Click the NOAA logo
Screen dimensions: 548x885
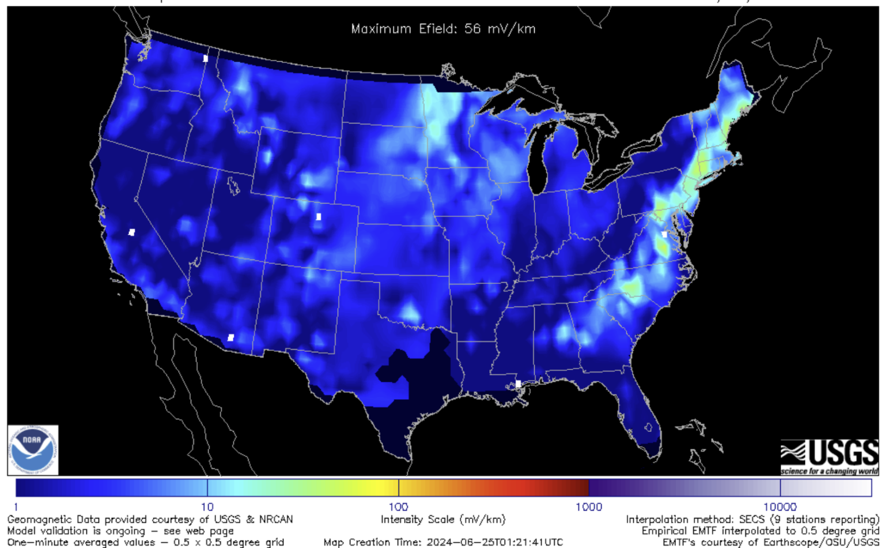coord(33,450)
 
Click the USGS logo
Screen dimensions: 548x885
coord(829,456)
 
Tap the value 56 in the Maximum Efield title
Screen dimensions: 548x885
coord(472,29)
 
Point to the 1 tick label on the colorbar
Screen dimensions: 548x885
coord(16,507)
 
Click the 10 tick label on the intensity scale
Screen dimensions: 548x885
coord(207,507)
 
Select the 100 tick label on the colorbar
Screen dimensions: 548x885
coord(398,507)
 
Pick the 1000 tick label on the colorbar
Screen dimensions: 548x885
coord(589,507)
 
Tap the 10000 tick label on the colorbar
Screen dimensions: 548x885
coord(780,507)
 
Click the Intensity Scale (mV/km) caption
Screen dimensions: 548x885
coord(442,520)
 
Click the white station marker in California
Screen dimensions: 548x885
coord(132,232)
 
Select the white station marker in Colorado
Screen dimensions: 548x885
coord(319,217)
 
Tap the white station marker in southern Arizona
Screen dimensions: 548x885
coord(231,337)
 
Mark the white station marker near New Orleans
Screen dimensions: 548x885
coord(518,384)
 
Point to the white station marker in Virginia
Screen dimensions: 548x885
coord(664,235)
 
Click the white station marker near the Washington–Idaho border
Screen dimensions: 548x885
coord(206,58)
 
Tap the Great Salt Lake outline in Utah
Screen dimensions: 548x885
coord(233,186)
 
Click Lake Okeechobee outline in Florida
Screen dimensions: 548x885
coord(649,427)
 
